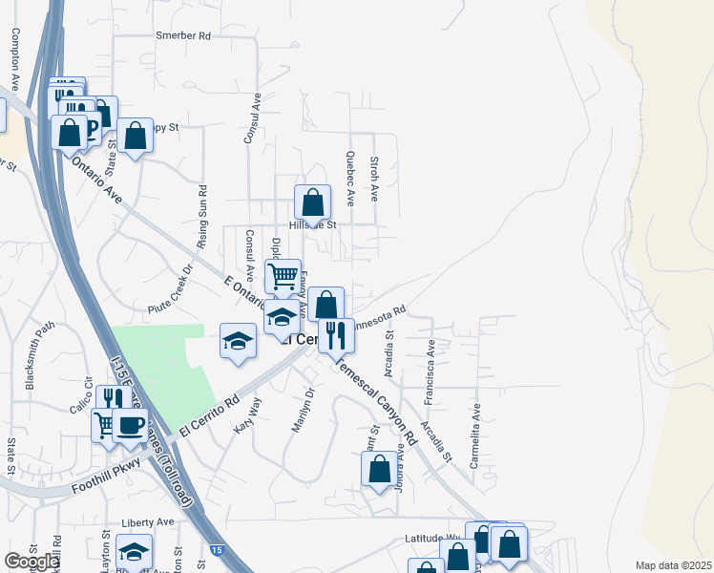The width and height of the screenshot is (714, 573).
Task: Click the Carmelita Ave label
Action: pyautogui.click(x=474, y=434)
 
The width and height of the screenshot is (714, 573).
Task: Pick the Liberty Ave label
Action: pyautogui.click(x=148, y=522)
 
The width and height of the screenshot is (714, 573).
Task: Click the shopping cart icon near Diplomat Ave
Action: pyautogui.click(x=283, y=276)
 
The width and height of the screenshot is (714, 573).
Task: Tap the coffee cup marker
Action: pyautogui.click(x=130, y=424)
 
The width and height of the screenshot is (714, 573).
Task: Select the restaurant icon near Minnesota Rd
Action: pyautogui.click(x=336, y=335)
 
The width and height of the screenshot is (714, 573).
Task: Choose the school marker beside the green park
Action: pyautogui.click(x=238, y=341)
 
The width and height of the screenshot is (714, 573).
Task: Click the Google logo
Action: pyautogui.click(x=31, y=561)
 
